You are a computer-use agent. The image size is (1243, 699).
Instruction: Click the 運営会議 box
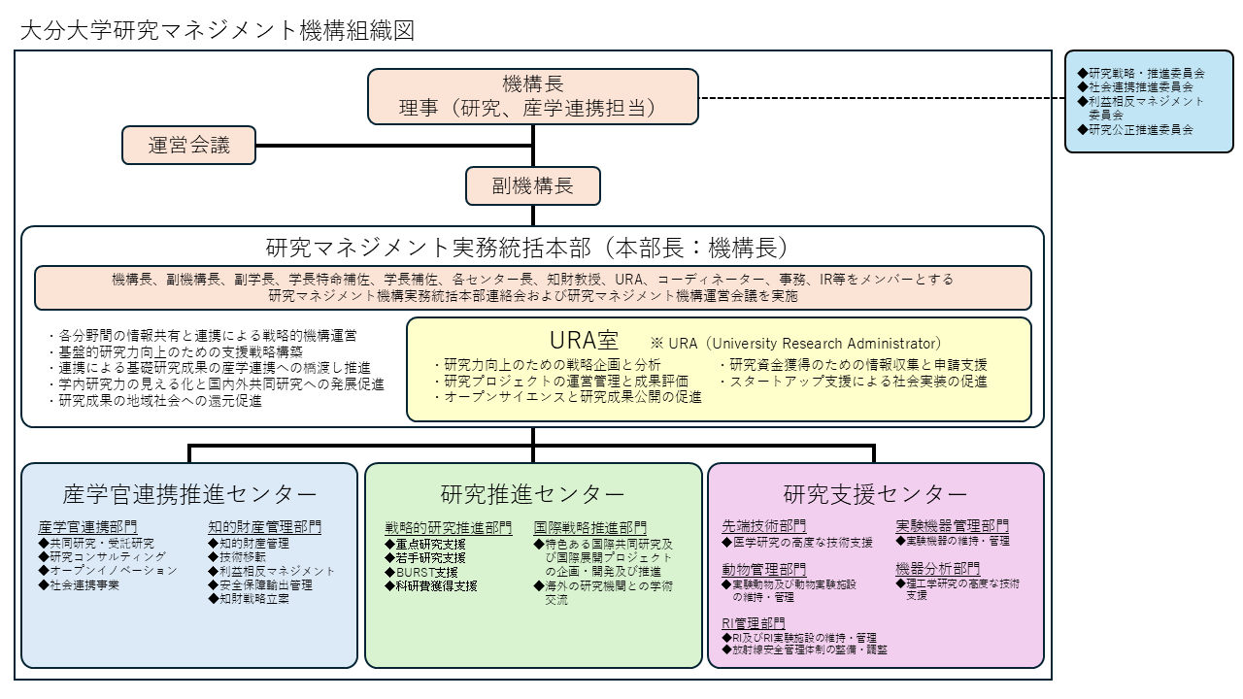(189, 146)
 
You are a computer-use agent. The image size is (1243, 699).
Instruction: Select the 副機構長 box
(533, 186)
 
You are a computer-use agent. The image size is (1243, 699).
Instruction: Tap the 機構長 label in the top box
(533, 83)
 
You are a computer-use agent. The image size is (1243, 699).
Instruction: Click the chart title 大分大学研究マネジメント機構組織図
(218, 31)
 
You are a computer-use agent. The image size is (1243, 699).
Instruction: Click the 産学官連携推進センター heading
(189, 494)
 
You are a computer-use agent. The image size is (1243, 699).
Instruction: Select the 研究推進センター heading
(533, 494)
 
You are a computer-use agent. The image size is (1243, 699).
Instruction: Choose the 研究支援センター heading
(876, 494)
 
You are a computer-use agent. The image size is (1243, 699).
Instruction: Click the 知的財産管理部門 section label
(264, 527)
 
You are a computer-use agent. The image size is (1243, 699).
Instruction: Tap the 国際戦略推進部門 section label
(590, 528)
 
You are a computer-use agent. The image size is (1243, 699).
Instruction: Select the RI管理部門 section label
(754, 622)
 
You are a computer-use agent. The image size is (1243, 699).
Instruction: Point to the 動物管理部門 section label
(764, 569)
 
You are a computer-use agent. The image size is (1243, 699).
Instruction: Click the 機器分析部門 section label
(938, 569)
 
